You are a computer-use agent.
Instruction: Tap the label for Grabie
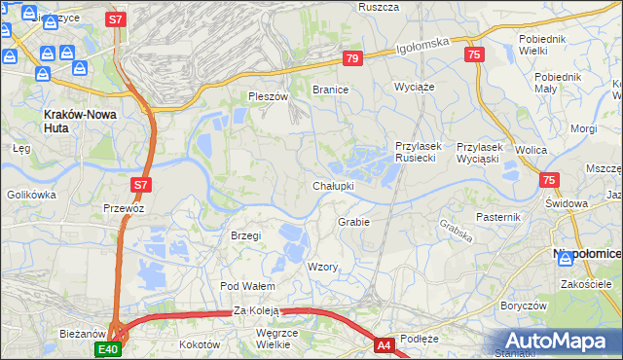point(353,222)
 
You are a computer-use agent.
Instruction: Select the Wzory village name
point(322,267)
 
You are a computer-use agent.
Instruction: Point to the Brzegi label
point(246,235)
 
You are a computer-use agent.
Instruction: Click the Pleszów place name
point(269,96)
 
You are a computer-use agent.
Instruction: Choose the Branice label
point(330,90)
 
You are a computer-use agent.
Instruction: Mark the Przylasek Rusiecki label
point(419,152)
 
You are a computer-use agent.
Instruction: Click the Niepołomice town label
point(587,254)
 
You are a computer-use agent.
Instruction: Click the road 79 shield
point(352,59)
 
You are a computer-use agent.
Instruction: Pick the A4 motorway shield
point(384,344)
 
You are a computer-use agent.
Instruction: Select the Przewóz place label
point(124,208)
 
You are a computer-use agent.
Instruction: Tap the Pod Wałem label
point(248,286)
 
